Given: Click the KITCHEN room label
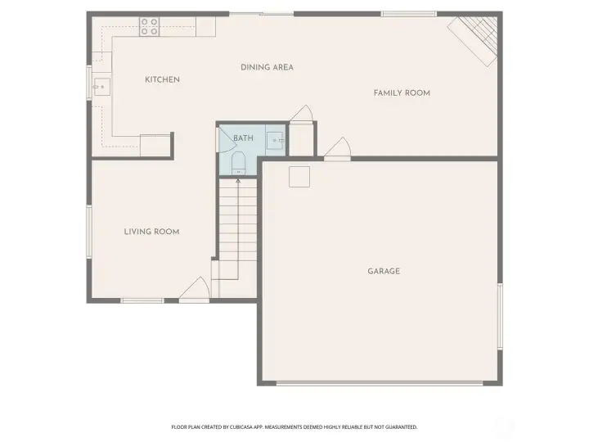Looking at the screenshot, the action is point(162,79).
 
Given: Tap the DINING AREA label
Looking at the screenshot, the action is point(267,68).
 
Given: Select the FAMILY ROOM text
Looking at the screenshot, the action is point(402,93).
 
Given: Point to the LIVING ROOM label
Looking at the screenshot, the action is point(152,232).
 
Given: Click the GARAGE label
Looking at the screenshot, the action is point(384,272).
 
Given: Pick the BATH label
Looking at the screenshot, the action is point(244,138).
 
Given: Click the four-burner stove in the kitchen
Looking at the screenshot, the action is point(150,27).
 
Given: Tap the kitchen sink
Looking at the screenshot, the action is point(101,87).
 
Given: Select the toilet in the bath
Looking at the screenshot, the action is point(238,164).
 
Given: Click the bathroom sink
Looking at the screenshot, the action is point(277,140).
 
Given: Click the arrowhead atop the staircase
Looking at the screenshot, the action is point(238,182).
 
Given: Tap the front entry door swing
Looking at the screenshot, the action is point(196,290).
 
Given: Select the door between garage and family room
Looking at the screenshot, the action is point(338,148).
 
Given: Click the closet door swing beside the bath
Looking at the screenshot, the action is point(302,114).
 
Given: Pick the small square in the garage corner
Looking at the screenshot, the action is point(299,177).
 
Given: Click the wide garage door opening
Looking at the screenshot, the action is point(380,383).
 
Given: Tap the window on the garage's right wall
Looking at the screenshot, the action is point(500,317).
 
